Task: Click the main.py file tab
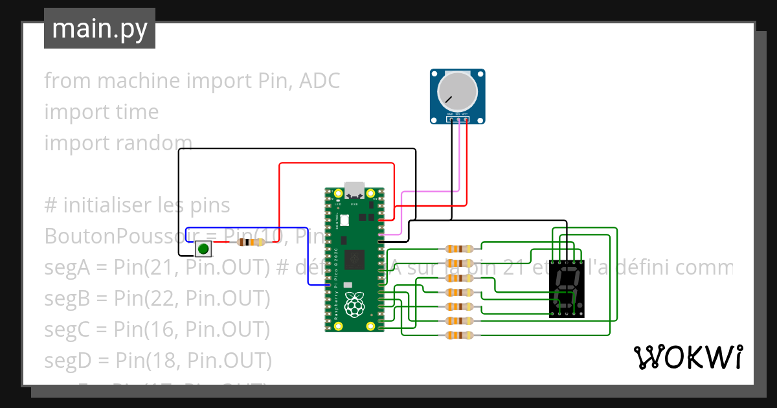tap(99, 28)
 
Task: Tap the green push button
tap(203, 248)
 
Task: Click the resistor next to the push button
tap(251, 242)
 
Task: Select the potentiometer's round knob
tap(457, 91)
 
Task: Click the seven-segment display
tap(567, 289)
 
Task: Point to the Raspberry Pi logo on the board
tap(354, 304)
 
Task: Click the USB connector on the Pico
tap(354, 189)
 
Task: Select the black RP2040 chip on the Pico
tap(354, 258)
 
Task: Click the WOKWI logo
tap(688, 357)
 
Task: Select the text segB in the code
tap(67, 298)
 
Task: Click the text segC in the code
tap(67, 329)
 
